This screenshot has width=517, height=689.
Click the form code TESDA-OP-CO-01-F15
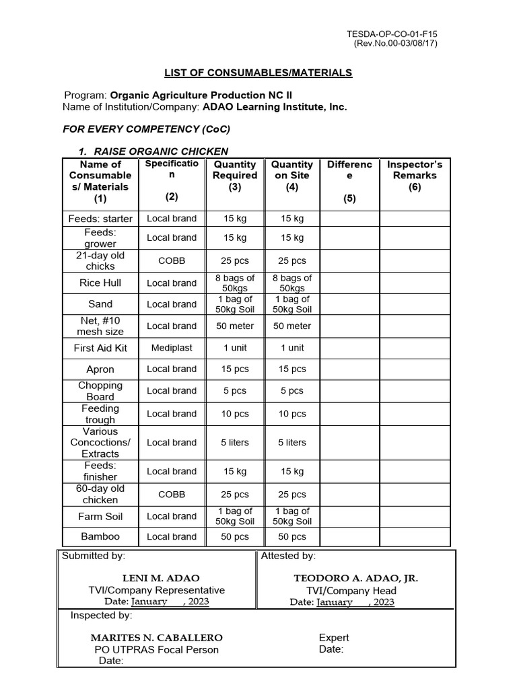395,33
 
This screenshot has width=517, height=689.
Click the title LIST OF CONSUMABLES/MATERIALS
258,73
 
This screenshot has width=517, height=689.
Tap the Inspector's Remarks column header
415,176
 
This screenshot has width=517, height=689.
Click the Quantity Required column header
235,176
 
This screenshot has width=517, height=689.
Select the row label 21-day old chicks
100,260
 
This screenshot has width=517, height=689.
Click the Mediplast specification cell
172,348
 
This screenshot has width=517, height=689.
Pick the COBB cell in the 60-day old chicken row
172,495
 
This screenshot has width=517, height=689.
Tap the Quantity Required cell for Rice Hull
235,283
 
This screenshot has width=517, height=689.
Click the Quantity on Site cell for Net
291,326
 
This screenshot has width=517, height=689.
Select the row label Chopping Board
100,391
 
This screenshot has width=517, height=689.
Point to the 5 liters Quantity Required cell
235,443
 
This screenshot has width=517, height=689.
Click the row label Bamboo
100,537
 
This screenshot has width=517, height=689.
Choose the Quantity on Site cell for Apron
291,369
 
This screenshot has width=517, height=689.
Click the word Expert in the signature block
334,638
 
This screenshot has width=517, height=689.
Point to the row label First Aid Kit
100,348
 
